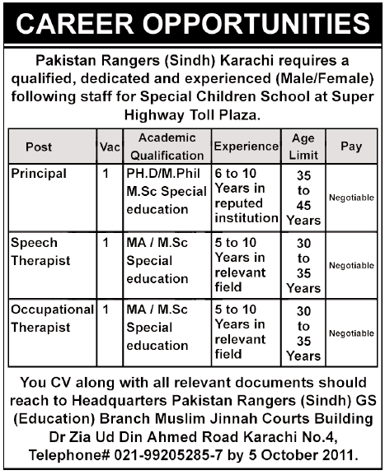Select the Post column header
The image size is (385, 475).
(x=39, y=147)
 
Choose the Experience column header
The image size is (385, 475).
(x=246, y=147)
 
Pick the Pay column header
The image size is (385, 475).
(x=351, y=147)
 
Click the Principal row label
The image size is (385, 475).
(x=39, y=175)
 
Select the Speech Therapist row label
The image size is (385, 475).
(x=41, y=251)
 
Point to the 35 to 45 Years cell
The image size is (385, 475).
(x=303, y=198)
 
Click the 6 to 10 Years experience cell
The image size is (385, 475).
(x=245, y=196)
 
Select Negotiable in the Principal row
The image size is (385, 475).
(x=351, y=198)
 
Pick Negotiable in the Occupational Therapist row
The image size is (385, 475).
(x=351, y=333)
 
